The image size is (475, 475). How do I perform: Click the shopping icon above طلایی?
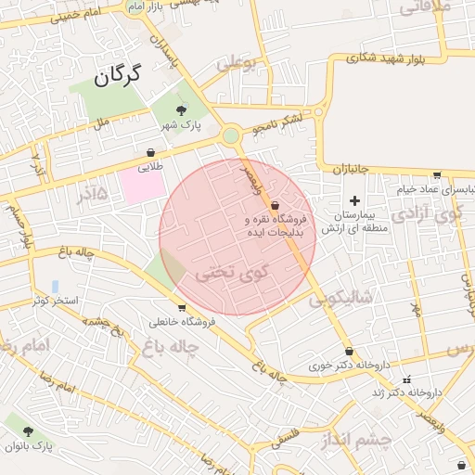tap(150, 153)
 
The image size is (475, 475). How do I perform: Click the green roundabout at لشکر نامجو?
tap(230, 136)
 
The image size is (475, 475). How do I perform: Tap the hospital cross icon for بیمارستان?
tap(353, 200)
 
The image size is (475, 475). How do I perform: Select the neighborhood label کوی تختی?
tap(231, 273)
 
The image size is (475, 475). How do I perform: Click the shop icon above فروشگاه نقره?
tap(276, 204)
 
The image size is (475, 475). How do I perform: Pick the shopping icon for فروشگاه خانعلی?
tap(182, 308)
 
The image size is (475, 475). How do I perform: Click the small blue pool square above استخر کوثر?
tap(56, 286)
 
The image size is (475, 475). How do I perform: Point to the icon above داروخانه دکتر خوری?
tap(349, 352)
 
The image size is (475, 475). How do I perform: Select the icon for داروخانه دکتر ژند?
tap(406, 379)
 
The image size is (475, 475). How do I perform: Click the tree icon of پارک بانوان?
tap(28, 431)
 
